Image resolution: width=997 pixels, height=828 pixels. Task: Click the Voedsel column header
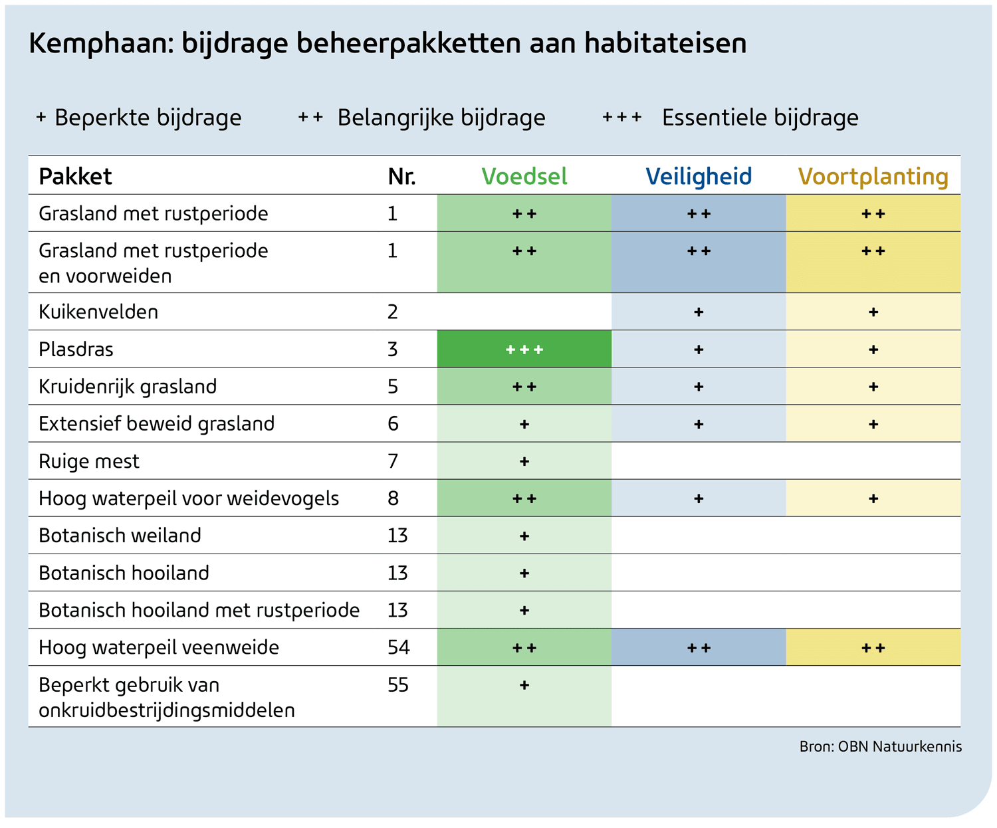[524, 176]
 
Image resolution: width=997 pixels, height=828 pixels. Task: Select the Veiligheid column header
[699, 176]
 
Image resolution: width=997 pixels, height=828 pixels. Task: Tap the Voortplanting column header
[873, 176]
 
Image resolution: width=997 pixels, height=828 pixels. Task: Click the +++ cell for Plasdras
[524, 350]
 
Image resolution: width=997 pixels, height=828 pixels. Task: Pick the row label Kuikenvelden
[98, 312]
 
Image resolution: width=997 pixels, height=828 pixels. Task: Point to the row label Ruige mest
[89, 461]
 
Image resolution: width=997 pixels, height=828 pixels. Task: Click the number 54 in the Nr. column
[399, 647]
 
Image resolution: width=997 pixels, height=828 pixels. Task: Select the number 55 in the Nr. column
[398, 684]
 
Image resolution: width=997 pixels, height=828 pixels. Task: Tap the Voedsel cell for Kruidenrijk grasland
[524, 387]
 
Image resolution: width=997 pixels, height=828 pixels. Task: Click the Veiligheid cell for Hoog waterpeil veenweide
[699, 648]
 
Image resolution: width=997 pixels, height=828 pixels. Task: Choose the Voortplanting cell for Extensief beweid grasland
[873, 424]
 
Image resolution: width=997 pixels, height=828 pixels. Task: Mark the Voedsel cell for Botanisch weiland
[524, 536]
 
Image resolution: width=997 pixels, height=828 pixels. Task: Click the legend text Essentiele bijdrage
[760, 118]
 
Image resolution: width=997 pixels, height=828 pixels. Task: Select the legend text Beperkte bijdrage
[148, 118]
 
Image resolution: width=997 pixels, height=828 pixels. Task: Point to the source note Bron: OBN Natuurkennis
[880, 746]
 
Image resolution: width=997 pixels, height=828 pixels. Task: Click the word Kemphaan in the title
[95, 44]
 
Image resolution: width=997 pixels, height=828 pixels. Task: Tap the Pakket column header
[75, 176]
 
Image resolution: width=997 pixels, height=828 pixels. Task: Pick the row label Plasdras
[76, 349]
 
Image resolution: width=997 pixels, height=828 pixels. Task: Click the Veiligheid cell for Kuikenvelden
[699, 312]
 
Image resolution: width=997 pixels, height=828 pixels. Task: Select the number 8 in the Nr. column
[393, 498]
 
